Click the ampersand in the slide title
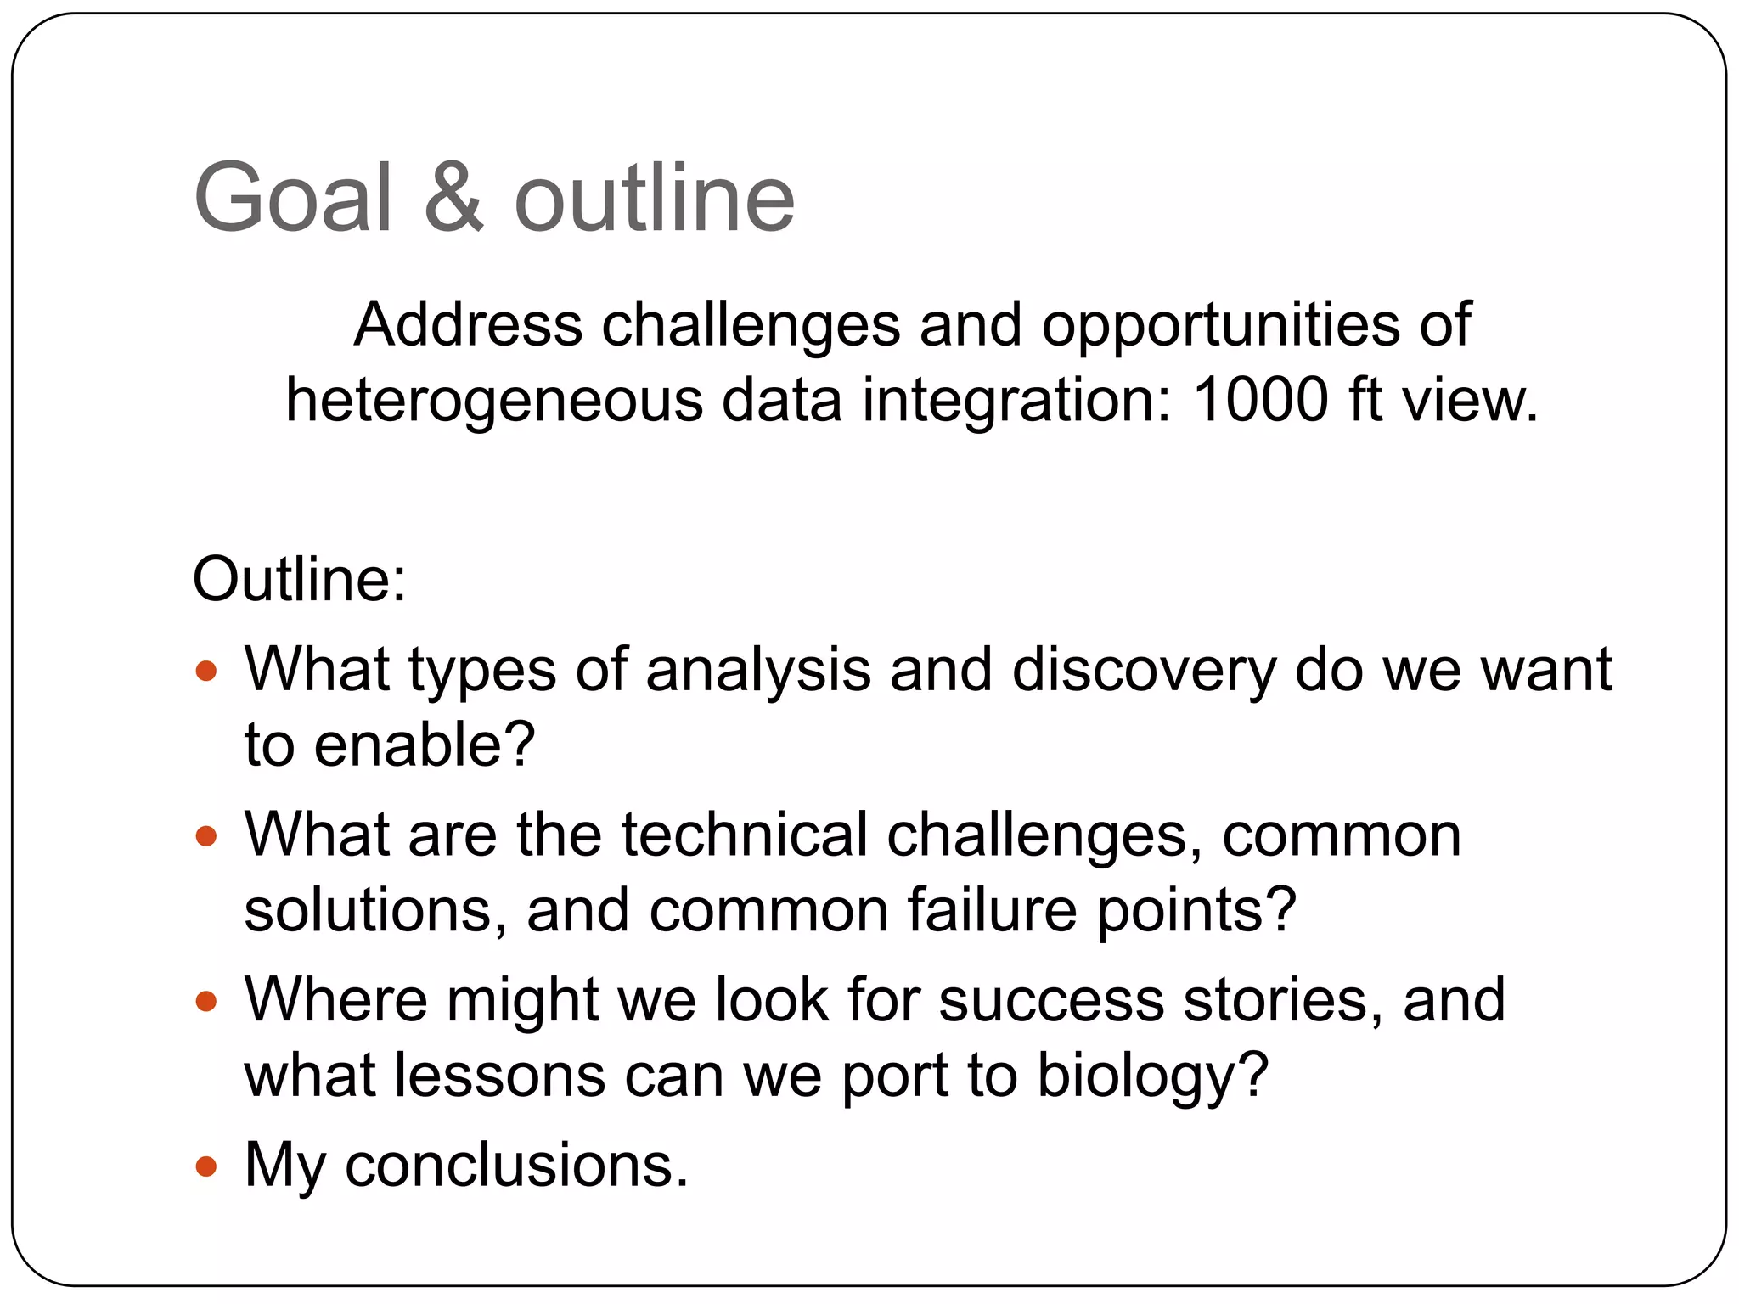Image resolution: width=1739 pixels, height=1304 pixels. tap(453, 198)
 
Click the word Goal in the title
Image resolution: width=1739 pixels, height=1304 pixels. tap(294, 198)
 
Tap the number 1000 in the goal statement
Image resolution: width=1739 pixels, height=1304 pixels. tap(1260, 399)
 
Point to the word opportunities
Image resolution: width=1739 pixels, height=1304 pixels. tap(1220, 326)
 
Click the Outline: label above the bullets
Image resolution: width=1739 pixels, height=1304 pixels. tap(300, 580)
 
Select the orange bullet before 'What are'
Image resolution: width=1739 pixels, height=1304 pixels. tap(206, 837)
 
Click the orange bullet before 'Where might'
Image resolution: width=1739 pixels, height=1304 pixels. tap(206, 1002)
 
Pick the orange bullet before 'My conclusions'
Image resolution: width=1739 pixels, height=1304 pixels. tap(206, 1166)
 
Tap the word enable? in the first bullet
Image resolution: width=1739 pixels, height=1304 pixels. tap(425, 745)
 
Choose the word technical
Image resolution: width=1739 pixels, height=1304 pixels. tap(745, 835)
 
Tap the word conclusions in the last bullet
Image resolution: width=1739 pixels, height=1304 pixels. tap(516, 1165)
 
